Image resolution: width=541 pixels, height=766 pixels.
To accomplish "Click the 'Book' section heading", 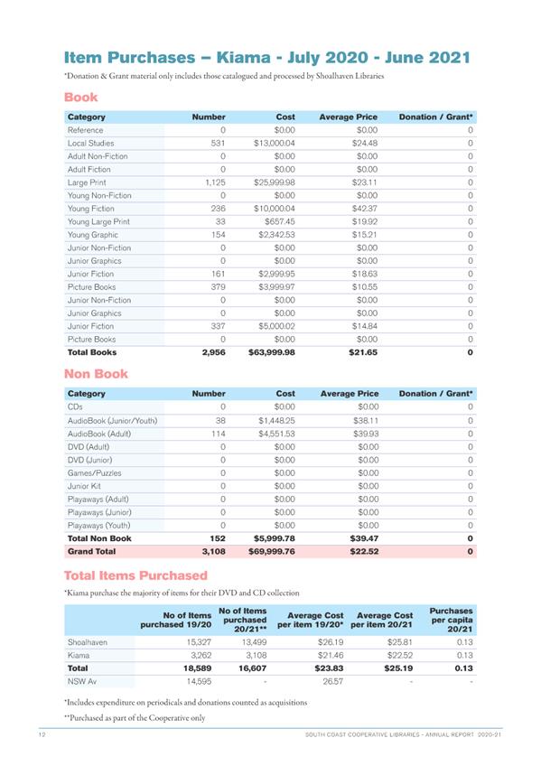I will click(80, 97).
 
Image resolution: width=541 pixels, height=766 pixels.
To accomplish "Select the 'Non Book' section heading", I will click(96, 373).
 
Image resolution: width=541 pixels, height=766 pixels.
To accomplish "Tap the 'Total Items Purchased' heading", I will click(135, 575).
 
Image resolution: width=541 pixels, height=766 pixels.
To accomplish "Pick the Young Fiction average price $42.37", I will click(362, 209).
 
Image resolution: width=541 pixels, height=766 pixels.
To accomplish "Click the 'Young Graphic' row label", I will click(93, 235).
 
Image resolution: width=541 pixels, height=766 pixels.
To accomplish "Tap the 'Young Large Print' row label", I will click(98, 221).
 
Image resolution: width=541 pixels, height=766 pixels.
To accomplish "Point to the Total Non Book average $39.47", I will click(362, 538).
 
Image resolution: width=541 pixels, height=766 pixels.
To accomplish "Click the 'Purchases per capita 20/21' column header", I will click(451, 621).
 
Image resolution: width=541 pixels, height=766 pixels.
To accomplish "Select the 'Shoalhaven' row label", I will click(88, 642).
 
